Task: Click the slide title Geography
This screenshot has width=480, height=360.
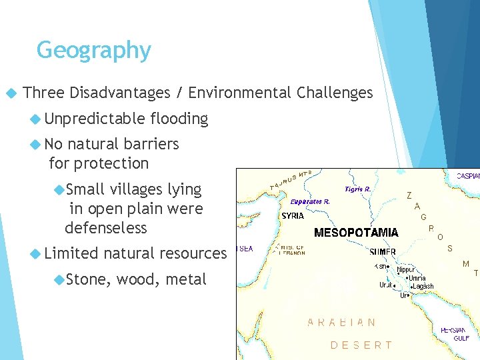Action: (x=94, y=50)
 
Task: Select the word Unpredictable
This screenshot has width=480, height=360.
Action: (x=94, y=119)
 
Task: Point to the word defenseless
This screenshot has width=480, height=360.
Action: (x=105, y=227)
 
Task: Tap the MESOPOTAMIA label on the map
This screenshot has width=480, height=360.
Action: (x=356, y=233)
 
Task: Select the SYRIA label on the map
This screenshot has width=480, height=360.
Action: (x=293, y=216)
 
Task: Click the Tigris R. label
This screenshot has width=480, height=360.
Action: (x=358, y=189)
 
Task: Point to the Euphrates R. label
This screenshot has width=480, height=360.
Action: (x=310, y=201)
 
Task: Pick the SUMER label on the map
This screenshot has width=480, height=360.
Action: (x=383, y=252)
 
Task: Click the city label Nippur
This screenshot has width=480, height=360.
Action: (x=407, y=270)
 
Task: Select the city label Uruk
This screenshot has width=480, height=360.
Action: (x=386, y=285)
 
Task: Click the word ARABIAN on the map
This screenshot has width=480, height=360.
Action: (x=341, y=322)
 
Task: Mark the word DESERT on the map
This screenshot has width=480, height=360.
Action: (x=361, y=345)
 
